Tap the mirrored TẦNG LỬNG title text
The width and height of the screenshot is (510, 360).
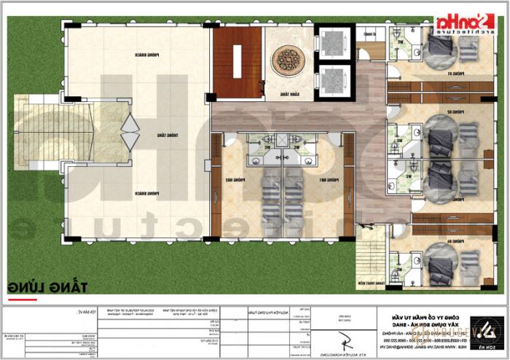[47, 285]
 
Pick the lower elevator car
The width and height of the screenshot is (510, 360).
[332, 78]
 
